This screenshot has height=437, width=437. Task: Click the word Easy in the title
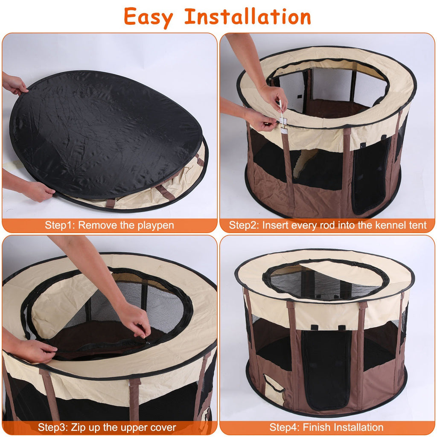149,17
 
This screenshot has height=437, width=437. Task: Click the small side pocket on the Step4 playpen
273,389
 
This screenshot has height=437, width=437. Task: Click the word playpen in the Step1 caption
156,225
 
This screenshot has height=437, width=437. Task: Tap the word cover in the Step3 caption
163,427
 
